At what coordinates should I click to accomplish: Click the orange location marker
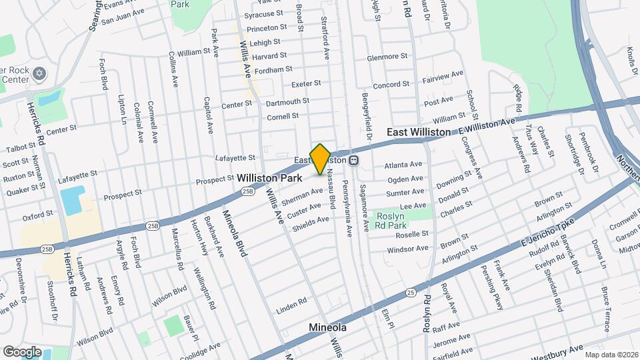click(320, 159)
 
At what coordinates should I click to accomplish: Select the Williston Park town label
click(269, 179)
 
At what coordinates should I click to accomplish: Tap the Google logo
click(22, 351)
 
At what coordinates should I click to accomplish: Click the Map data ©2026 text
click(610, 355)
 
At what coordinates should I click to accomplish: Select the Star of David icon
click(39, 73)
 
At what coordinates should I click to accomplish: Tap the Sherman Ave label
click(302, 196)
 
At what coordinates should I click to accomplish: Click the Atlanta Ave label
click(403, 165)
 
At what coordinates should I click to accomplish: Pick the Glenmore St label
click(387, 58)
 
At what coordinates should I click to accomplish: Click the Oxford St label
click(37, 215)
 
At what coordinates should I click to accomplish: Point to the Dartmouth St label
click(287, 101)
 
